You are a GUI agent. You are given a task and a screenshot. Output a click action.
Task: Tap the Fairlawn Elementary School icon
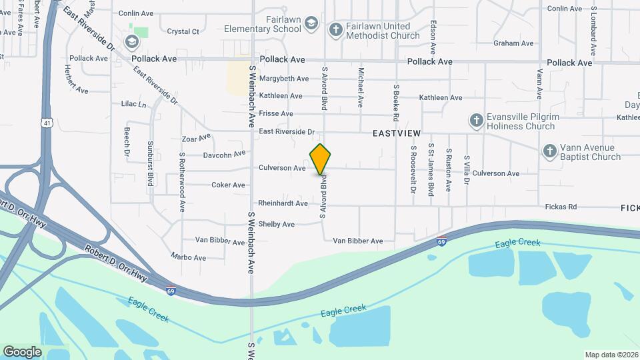click(311, 25)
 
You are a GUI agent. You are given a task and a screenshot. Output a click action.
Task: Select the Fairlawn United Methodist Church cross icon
click(335, 30)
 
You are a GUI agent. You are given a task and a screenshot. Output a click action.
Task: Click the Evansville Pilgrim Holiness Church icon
click(476, 121)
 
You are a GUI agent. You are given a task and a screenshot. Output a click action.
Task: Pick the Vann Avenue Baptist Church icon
click(550, 151)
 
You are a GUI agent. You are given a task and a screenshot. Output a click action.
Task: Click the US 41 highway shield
click(45, 123)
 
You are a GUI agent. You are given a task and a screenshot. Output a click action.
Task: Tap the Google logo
click(22, 351)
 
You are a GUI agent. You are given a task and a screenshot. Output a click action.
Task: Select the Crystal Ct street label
click(183, 31)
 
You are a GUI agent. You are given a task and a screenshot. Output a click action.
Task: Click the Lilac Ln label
click(133, 104)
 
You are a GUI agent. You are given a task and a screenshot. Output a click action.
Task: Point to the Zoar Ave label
click(196, 139)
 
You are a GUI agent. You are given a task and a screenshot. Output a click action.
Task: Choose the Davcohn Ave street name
click(225, 155)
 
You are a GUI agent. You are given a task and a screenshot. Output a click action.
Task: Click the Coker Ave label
click(228, 185)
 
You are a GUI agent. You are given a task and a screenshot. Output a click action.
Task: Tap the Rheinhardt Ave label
click(283, 203)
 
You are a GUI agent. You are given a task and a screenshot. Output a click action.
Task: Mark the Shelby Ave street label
click(276, 225)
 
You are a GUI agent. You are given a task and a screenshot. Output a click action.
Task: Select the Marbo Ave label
click(189, 256)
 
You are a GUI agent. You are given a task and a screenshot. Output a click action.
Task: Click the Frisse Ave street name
click(276, 114)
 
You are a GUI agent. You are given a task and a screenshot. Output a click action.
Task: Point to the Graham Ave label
click(513, 43)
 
